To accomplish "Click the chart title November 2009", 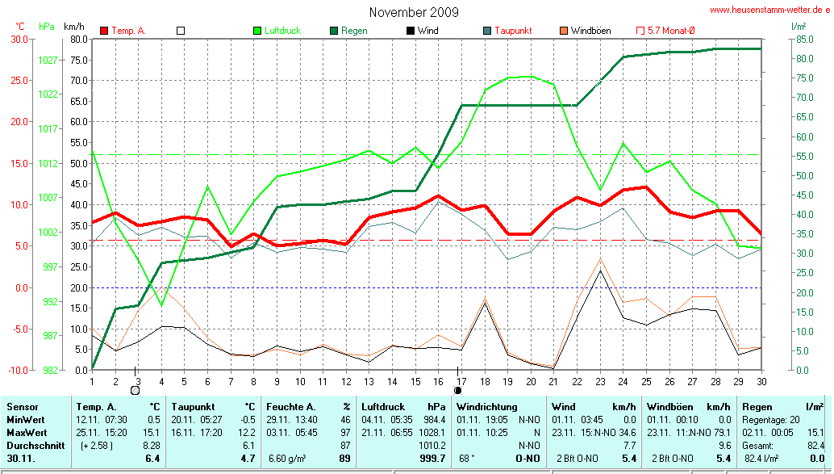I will pyautogui.click(x=414, y=12).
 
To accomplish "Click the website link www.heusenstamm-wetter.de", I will pyautogui.click(x=769, y=10).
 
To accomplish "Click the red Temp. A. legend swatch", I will pyautogui.click(x=104, y=31).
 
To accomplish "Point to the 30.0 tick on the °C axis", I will pyautogui.click(x=19, y=39).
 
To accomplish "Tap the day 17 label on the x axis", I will pyautogui.click(x=461, y=381).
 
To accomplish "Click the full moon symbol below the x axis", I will pyautogui.click(x=457, y=391).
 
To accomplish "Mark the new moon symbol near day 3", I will pyautogui.click(x=135, y=391).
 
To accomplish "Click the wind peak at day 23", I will pyautogui.click(x=600, y=271).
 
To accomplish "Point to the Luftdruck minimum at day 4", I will pyautogui.click(x=162, y=305).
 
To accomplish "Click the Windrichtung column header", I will pyautogui.click(x=487, y=407).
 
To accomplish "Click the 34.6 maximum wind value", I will pyautogui.click(x=628, y=432).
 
